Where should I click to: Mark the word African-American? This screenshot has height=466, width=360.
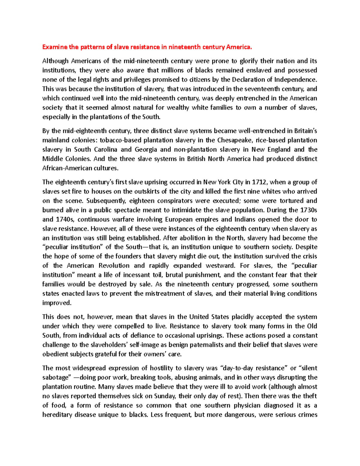[x=67, y=168]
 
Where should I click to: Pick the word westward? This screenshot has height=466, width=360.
[x=218, y=266]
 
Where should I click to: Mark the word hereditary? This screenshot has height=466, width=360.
[x=57, y=415]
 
